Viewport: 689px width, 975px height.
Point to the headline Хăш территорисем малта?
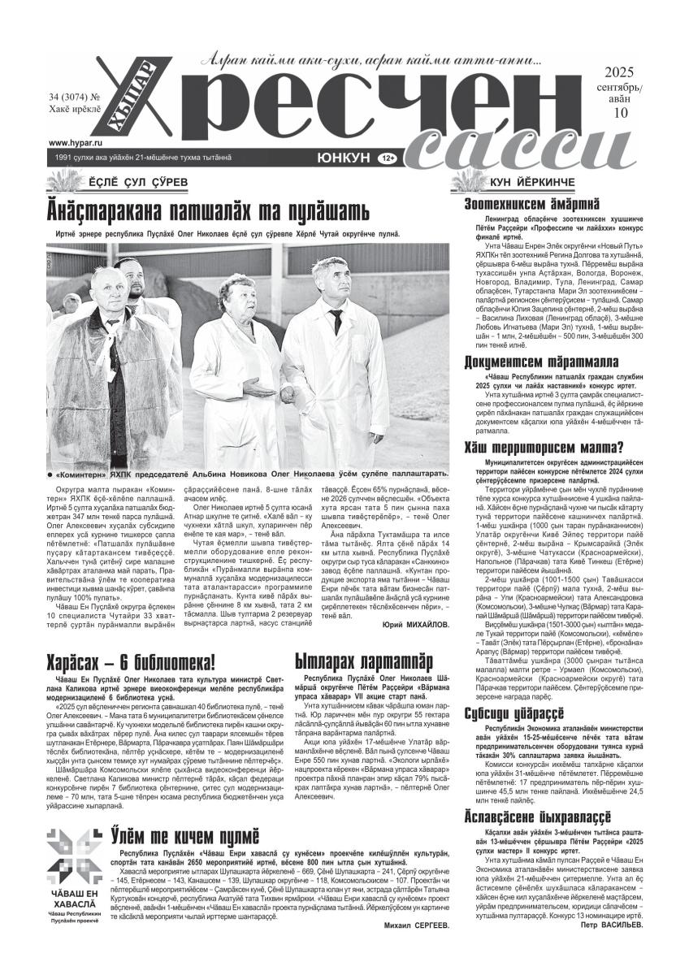point(543,446)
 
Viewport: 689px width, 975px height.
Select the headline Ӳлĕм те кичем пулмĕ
point(185,834)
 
